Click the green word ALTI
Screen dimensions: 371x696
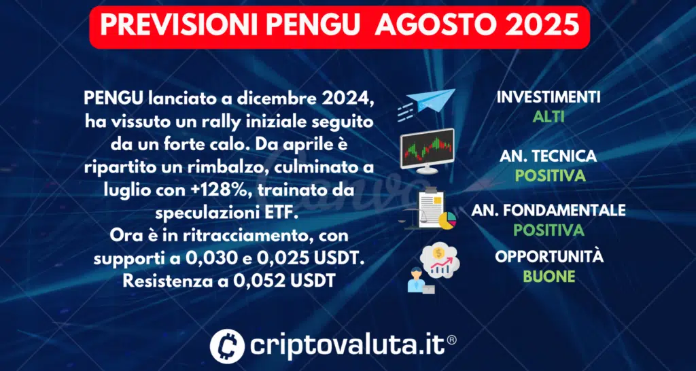point(549,117)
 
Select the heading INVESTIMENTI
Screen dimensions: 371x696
point(549,98)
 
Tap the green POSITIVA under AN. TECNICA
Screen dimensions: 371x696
point(549,175)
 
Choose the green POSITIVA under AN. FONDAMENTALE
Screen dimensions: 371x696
point(549,230)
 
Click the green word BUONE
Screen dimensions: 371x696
point(549,277)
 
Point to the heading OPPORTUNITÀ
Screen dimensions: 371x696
point(549,258)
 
